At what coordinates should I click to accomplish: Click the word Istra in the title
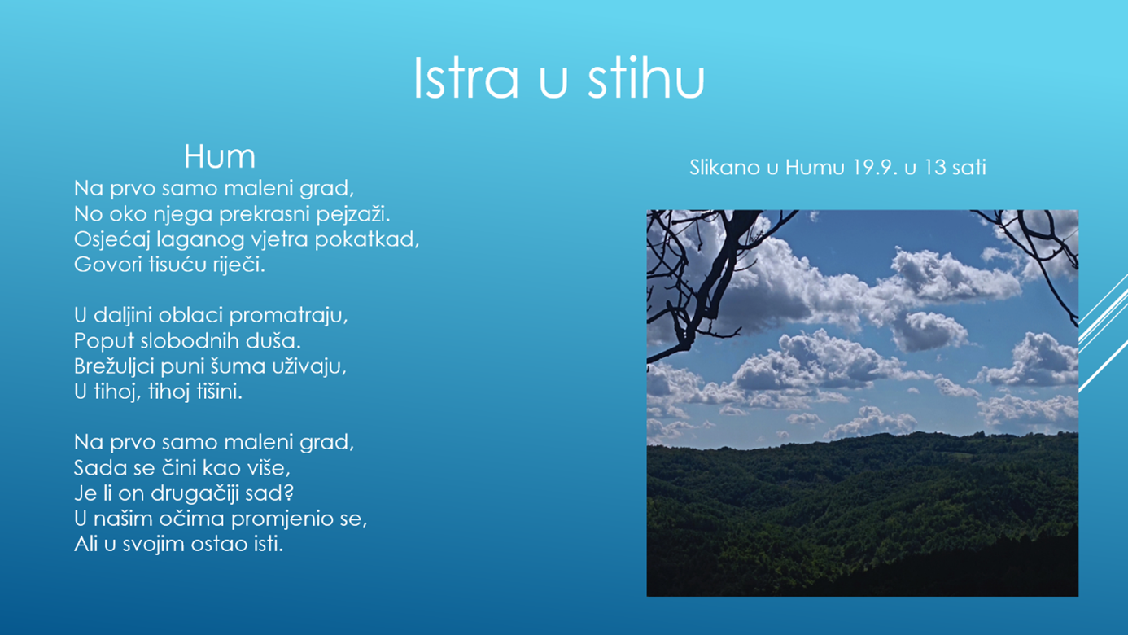[466, 78]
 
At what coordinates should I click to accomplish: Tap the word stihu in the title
[645, 78]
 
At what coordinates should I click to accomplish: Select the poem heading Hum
[220, 156]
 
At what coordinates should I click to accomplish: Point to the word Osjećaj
[111, 239]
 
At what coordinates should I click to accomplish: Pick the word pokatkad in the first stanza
[367, 239]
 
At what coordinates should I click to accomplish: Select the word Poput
[104, 341]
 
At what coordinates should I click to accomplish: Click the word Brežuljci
[114, 366]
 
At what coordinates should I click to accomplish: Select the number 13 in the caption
[935, 168]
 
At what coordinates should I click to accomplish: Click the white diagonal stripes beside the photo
[1103, 332]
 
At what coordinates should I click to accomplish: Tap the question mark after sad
[289, 493]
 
